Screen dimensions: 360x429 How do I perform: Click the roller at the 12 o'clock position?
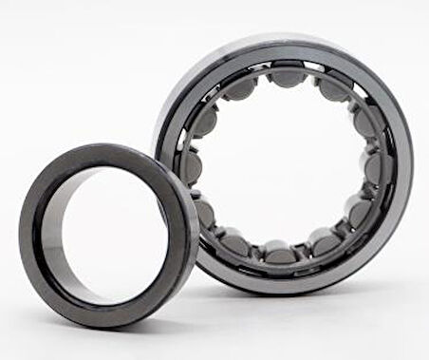284,73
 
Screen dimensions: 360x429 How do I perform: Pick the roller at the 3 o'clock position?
374,168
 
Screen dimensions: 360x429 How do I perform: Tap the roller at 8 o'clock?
205,210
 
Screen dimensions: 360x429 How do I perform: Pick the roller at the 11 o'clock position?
238,87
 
